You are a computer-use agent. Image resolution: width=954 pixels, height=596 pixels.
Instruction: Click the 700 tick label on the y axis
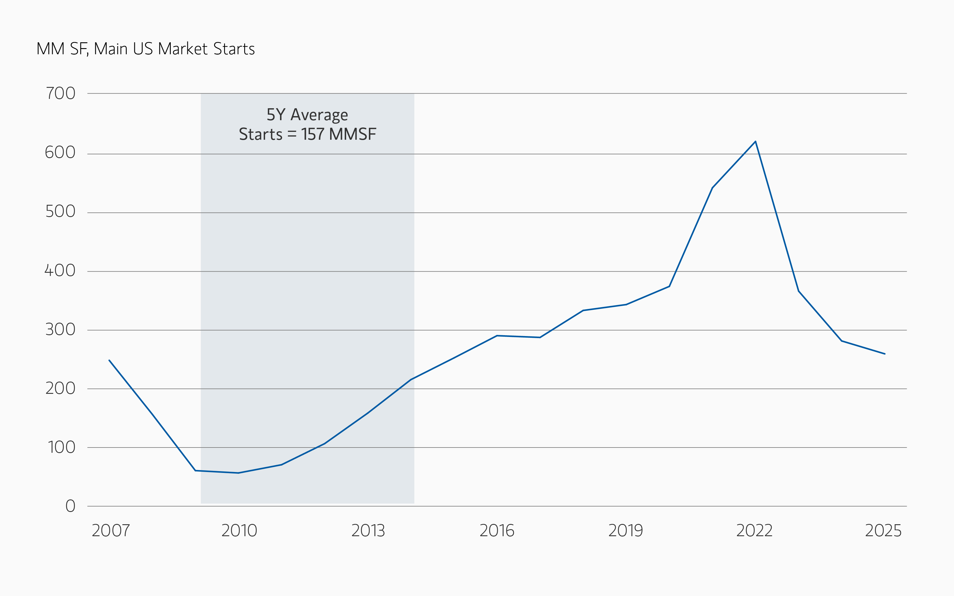(x=61, y=93)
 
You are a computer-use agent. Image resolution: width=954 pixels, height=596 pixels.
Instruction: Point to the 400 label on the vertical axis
(x=60, y=271)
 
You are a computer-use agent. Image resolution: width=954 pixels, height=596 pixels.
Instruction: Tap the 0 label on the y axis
(x=70, y=506)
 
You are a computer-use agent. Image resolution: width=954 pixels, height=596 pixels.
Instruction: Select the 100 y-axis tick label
(x=61, y=448)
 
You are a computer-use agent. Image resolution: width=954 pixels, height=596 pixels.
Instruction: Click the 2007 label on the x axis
(x=111, y=531)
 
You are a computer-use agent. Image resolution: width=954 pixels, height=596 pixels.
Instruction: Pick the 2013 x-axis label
(x=368, y=531)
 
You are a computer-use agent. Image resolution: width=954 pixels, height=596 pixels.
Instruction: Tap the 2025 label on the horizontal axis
(x=883, y=531)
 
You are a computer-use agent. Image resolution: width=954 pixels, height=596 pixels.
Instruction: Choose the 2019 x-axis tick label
(x=626, y=531)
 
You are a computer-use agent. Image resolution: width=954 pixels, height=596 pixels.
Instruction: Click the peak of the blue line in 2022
(x=755, y=141)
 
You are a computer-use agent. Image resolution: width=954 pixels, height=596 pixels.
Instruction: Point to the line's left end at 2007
(x=109, y=360)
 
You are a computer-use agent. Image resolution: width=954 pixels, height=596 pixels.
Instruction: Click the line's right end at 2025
(x=885, y=354)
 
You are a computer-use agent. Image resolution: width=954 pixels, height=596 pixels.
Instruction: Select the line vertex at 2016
(x=497, y=336)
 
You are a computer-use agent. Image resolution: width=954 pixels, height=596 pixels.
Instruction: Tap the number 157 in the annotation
(x=313, y=134)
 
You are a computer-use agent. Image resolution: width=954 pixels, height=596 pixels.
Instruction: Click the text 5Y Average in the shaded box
(x=307, y=115)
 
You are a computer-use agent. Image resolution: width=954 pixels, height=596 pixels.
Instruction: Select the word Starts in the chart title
(x=234, y=49)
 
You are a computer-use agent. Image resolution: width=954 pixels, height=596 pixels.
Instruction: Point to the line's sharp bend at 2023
(x=798, y=291)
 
